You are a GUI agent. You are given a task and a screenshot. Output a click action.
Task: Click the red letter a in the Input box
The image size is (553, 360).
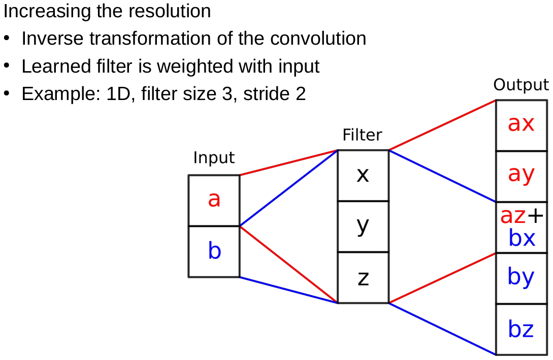(214, 200)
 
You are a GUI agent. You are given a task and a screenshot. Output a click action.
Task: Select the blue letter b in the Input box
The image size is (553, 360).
(214, 251)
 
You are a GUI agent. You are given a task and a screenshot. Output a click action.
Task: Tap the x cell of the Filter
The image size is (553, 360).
(363, 175)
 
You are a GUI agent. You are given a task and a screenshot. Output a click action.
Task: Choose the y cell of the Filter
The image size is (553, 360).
(363, 226)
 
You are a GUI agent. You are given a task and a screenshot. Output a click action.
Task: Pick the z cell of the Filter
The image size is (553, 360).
(363, 278)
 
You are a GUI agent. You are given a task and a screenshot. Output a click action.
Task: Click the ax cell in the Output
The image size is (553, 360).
(521, 123)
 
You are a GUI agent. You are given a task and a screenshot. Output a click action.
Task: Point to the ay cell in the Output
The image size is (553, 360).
(521, 175)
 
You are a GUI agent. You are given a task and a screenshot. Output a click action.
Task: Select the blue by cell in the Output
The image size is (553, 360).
(521, 278)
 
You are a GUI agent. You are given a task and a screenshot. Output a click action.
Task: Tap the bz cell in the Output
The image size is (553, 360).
(521, 330)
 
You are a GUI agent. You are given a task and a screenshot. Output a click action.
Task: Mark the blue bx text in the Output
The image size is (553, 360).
(522, 238)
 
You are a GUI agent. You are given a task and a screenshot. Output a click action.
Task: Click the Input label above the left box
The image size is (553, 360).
(214, 158)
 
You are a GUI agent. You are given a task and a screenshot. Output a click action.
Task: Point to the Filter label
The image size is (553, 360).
(362, 135)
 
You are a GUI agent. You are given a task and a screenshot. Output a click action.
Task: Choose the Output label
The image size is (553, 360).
(521, 85)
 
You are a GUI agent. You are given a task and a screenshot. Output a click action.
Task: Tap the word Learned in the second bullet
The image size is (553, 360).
(47, 67)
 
